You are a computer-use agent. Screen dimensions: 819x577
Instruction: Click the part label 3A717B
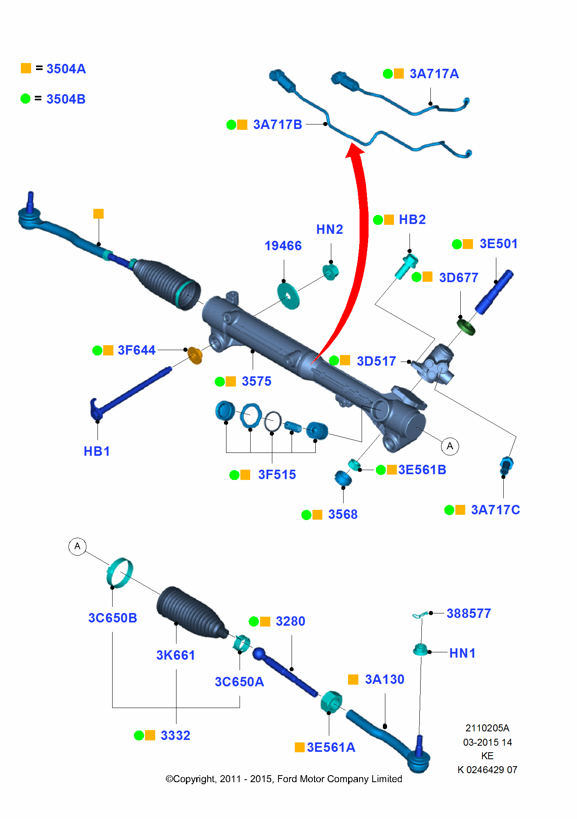[277, 124]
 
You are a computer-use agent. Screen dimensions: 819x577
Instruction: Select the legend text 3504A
[66, 69]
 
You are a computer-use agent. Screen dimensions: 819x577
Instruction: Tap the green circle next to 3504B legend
[25, 99]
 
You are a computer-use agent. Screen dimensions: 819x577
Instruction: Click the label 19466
[283, 246]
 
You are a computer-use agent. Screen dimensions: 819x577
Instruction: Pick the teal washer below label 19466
[288, 296]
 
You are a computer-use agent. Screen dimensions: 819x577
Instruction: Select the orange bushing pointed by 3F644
[195, 355]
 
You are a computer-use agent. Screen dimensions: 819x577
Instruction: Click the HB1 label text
[97, 451]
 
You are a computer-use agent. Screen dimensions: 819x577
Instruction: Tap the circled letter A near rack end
[450, 446]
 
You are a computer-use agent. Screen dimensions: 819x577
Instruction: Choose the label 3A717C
[495, 510]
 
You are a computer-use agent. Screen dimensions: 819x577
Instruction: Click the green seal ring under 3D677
[466, 327]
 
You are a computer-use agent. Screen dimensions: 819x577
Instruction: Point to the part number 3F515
[277, 475]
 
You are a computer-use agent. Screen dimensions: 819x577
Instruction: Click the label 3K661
[176, 655]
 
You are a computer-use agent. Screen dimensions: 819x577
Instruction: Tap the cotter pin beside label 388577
[420, 615]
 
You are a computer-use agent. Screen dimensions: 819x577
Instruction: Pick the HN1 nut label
[462, 653]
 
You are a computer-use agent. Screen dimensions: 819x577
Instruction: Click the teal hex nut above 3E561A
[331, 702]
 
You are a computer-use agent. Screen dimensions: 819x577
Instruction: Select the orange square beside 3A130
[353, 680]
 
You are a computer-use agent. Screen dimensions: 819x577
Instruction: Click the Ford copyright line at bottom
[284, 779]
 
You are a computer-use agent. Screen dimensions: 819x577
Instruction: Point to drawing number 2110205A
[487, 728]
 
